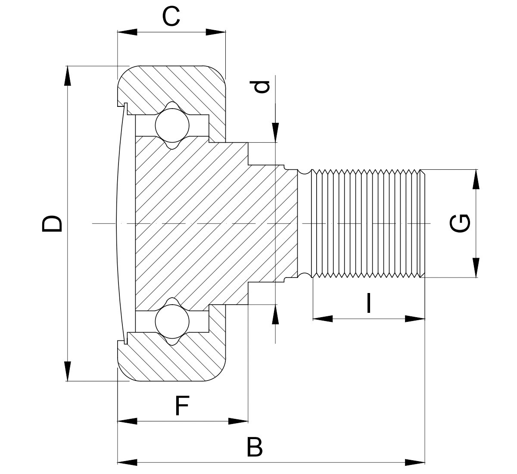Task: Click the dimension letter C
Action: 171,17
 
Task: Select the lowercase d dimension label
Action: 262,87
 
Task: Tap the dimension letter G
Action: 460,223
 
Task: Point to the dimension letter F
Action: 183,406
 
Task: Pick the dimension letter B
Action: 255,447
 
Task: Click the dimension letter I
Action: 368,303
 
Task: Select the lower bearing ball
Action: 172,321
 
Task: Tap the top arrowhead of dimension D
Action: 67,75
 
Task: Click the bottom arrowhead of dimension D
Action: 67,371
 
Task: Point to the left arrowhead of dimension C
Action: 127,32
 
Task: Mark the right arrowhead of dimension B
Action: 415,462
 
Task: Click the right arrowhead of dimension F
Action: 238,421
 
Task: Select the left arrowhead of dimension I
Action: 322,319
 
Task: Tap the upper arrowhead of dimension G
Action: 476,179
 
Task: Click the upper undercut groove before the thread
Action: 305,172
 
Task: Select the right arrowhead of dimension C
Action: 216,32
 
